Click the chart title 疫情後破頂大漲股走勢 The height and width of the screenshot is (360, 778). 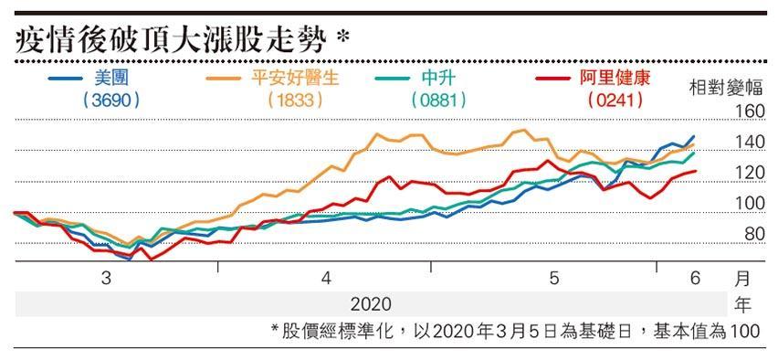tap(170, 42)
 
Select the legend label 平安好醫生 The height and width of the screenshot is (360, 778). tap(295, 78)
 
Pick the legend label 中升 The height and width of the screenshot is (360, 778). tap(438, 78)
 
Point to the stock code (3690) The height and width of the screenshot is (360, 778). tap(111, 101)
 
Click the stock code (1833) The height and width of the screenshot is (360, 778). tap(295, 101)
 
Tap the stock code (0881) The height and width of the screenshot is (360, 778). tap(438, 101)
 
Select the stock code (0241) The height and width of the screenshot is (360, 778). tap(615, 101)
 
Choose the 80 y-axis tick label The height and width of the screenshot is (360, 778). tap(754, 233)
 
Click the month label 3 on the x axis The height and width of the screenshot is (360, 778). tap(106, 279)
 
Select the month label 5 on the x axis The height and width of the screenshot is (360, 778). tap(554, 279)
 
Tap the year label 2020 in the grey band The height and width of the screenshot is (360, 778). tap(371, 304)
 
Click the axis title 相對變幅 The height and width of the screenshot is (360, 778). tap(725, 88)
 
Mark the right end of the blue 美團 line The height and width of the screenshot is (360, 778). tap(694, 136)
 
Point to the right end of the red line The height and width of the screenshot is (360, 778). tap(696, 171)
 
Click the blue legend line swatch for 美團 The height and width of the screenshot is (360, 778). tap(65, 79)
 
